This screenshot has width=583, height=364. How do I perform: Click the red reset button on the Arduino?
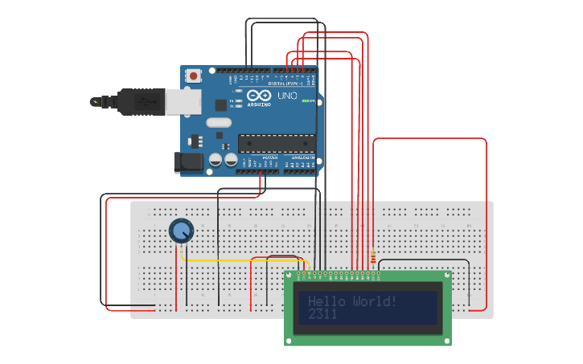[194, 76]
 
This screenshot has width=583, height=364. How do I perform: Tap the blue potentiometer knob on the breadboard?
[182, 231]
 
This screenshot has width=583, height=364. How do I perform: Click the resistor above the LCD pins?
[373, 257]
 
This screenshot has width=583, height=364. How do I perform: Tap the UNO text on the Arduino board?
[287, 96]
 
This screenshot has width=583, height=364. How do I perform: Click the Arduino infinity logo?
[259, 96]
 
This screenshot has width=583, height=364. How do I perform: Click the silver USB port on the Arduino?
[182, 102]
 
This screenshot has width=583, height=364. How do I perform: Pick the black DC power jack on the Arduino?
[190, 162]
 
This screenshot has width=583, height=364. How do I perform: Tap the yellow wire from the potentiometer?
[241, 261]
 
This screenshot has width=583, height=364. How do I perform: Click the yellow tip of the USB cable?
[96, 102]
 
